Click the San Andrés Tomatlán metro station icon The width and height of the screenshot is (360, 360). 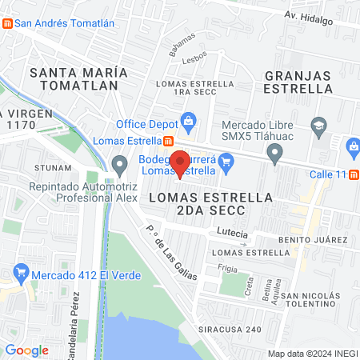tap(7, 23)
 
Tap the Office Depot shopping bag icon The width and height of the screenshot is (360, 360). tap(188, 123)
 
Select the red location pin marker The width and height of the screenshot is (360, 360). tap(180, 162)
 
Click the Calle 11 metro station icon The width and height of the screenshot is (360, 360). tap(354, 175)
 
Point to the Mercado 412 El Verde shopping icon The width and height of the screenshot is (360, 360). tap(22, 275)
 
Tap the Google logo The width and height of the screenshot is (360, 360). tap(26, 350)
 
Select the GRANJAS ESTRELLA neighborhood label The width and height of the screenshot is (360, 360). tap(298, 82)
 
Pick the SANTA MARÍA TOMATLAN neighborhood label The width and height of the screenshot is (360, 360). tap(74, 78)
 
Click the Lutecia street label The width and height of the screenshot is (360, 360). tap(232, 233)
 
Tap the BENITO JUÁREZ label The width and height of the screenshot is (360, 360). tap(312, 240)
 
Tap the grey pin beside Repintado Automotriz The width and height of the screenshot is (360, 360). tap(120, 166)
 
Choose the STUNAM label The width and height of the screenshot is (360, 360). tap(50, 168)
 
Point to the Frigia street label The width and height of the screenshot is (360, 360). tap(227, 269)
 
